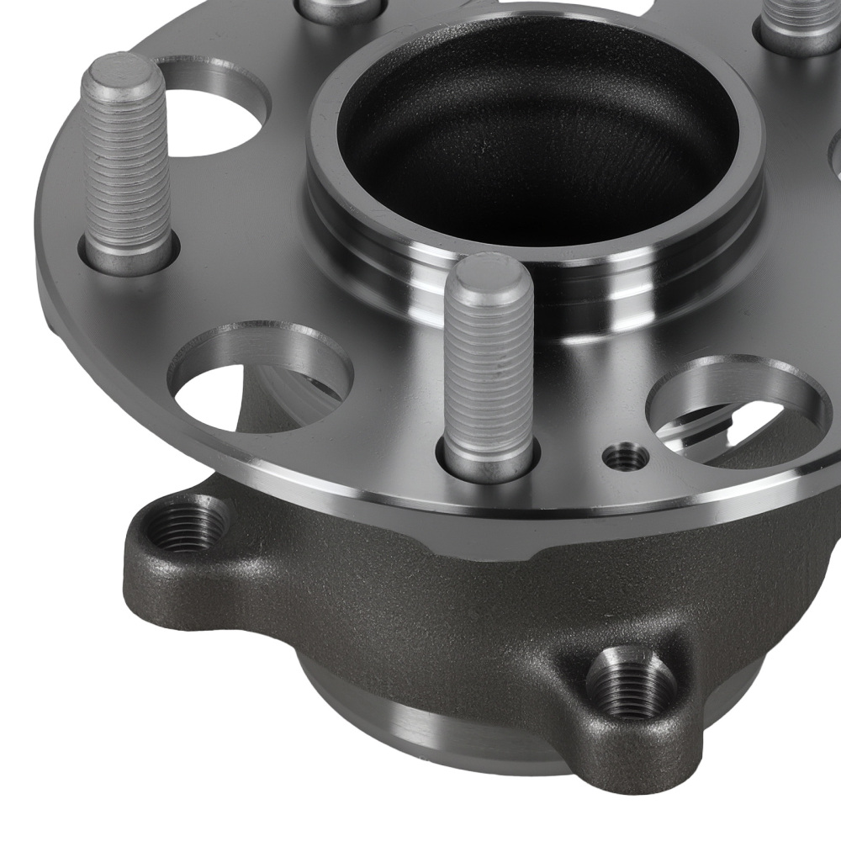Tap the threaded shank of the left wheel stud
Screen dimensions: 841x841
128,168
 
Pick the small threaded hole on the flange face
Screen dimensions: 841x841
627,458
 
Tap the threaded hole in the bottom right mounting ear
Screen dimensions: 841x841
630,683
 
